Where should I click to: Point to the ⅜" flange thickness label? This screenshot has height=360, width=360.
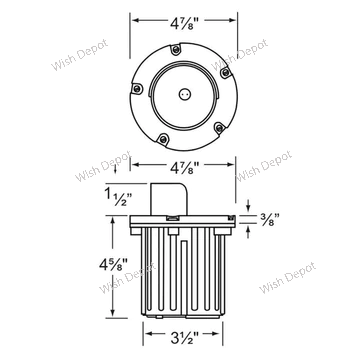(x=269, y=219)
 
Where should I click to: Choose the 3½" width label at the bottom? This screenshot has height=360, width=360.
(x=184, y=338)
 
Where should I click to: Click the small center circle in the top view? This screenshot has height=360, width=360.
(x=184, y=94)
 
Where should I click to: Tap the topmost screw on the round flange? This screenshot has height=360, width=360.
(x=175, y=50)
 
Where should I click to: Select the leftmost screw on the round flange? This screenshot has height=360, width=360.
(x=137, y=89)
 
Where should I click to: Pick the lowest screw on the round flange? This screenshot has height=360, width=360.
(x=163, y=139)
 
